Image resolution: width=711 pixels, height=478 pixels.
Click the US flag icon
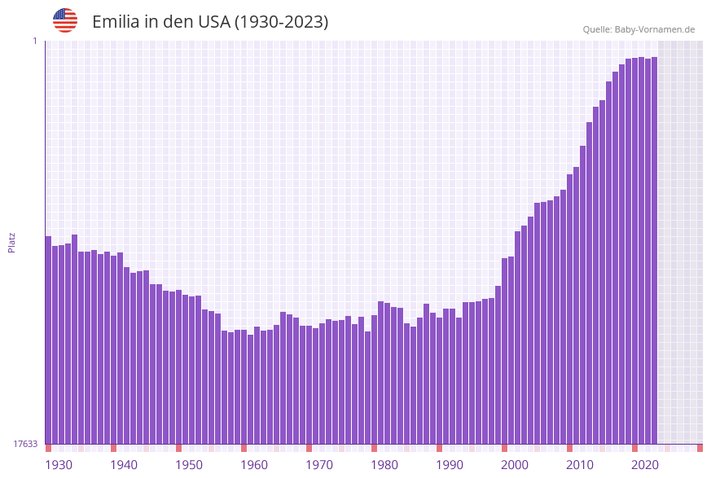click(65, 20)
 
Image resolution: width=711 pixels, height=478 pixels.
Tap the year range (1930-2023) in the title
click(281, 22)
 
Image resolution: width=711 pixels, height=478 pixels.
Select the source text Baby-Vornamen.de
click(654, 29)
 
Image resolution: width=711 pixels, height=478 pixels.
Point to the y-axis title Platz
click(11, 243)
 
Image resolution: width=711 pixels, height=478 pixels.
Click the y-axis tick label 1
click(35, 41)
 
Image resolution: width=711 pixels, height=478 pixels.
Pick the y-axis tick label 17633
click(25, 444)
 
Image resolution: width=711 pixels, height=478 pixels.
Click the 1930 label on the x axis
click(58, 465)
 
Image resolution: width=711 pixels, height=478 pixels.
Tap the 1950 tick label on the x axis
click(189, 465)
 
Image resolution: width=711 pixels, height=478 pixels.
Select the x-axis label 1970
click(319, 465)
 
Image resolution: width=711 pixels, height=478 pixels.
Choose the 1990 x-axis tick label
click(450, 465)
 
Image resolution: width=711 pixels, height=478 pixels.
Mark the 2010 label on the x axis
click(580, 465)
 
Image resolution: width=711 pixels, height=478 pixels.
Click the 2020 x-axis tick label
click(645, 465)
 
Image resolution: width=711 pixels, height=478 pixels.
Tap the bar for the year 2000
click(504, 350)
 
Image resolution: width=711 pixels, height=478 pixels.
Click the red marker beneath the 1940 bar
click(113, 448)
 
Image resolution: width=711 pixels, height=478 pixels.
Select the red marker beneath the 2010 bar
click(569, 448)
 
